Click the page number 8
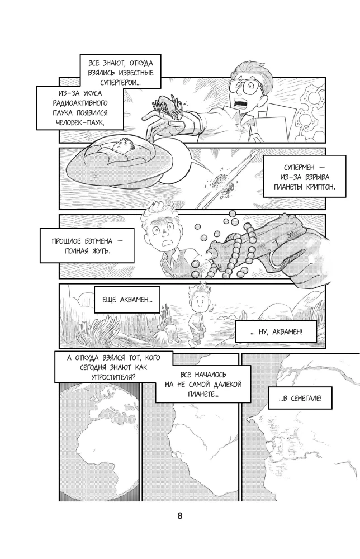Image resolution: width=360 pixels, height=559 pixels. point(179,515)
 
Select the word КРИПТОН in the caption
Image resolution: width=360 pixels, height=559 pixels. point(320,187)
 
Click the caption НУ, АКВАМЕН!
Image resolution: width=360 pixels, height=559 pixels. point(276,332)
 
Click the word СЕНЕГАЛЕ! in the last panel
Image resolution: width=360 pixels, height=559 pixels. point(306,399)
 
